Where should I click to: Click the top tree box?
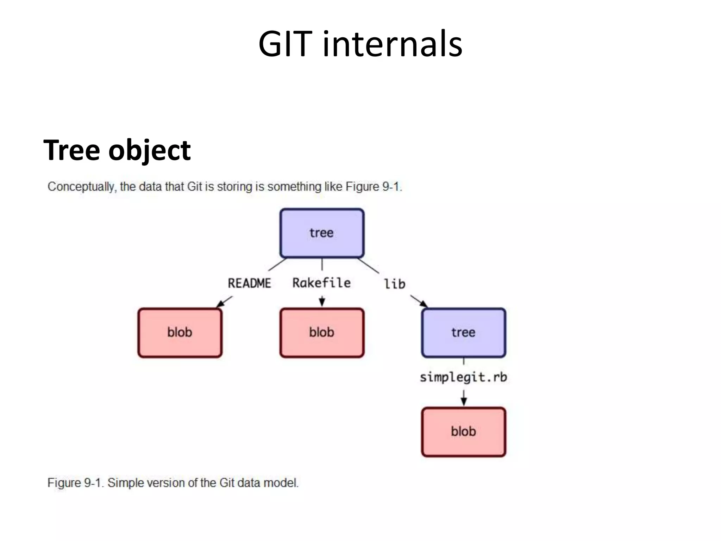coord(322,233)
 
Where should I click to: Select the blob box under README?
coord(180,332)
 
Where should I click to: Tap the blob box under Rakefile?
coord(322,332)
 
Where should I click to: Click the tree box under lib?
coord(463,332)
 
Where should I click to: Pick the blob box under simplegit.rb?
coord(463,432)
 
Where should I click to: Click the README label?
coord(249,283)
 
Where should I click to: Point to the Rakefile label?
coord(321,283)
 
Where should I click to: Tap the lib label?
coord(394,284)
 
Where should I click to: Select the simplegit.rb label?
coord(463,377)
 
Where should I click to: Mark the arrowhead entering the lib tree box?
coord(424,304)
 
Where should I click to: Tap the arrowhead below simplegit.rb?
coord(464,402)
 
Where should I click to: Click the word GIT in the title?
coord(285,44)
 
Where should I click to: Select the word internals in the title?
coord(392,44)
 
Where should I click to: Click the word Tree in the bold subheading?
coord(72,150)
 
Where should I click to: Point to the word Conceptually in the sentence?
coord(81,187)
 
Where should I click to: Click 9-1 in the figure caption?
coord(94,483)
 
